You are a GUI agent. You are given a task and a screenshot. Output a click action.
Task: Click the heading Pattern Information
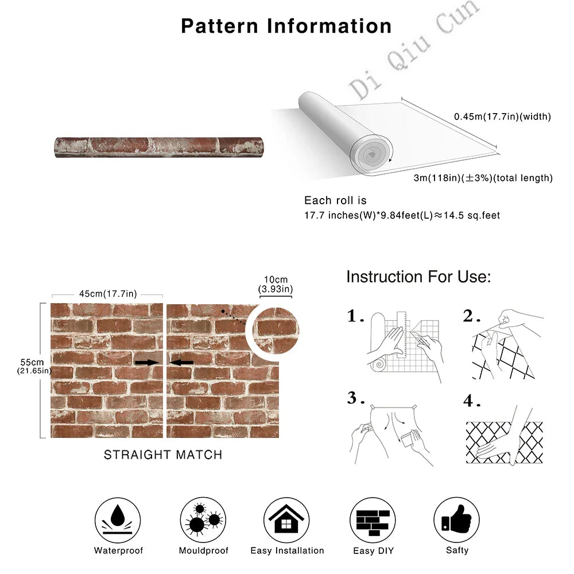(x=286, y=26)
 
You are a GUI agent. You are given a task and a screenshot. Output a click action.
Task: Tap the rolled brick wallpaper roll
(x=159, y=148)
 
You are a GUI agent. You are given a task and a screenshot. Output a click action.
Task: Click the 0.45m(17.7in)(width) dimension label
(x=502, y=117)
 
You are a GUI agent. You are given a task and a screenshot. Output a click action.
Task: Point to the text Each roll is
(x=335, y=200)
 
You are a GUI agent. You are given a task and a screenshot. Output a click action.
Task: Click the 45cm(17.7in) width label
(x=108, y=294)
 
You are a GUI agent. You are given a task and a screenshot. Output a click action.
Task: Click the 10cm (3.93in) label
(x=276, y=285)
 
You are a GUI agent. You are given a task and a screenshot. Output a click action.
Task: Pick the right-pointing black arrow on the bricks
(x=147, y=362)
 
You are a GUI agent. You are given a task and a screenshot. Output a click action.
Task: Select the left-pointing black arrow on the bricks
(x=181, y=362)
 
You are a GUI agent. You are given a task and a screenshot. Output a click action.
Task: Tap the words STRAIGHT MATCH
(x=163, y=455)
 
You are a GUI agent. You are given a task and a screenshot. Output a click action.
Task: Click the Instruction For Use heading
(x=418, y=277)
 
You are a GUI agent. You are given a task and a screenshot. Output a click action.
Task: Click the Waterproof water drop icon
(x=118, y=520)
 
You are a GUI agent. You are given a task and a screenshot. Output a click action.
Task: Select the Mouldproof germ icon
(x=203, y=520)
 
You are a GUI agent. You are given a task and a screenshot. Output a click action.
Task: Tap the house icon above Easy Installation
(x=286, y=520)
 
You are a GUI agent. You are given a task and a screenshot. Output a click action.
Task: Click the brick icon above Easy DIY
(x=373, y=520)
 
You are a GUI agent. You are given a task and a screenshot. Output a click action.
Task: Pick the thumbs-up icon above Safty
(x=456, y=519)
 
